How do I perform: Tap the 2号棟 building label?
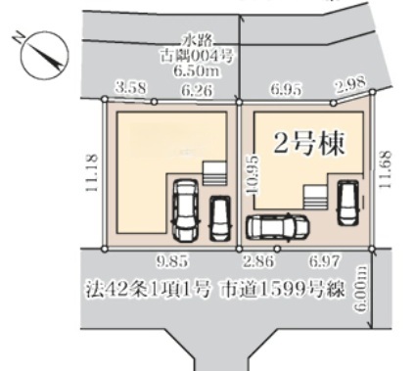pyautogui.click(x=308, y=144)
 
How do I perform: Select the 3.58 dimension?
pyautogui.click(x=131, y=88)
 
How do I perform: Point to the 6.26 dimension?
pyautogui.click(x=198, y=90)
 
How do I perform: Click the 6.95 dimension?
pyautogui.click(x=286, y=89)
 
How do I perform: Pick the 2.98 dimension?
pyautogui.click(x=351, y=85)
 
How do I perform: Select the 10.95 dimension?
pyautogui.click(x=253, y=175)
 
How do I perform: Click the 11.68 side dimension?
pyautogui.click(x=385, y=168)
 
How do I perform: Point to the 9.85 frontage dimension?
pyautogui.click(x=172, y=261)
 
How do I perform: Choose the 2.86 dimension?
pyautogui.click(x=257, y=261)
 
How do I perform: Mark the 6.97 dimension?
pyautogui.click(x=324, y=261)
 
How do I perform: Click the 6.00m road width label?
pyautogui.click(x=360, y=288)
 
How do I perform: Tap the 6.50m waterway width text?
pyautogui.click(x=197, y=70)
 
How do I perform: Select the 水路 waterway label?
pyautogui.click(x=197, y=40)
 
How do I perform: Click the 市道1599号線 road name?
pyautogui.click(x=283, y=289)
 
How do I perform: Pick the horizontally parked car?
pyautogui.click(x=278, y=227)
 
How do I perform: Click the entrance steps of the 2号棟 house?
pyautogui.click(x=315, y=199)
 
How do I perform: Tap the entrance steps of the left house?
pyautogui.click(x=214, y=173)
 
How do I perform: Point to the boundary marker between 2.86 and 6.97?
pyautogui.click(x=277, y=249)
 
